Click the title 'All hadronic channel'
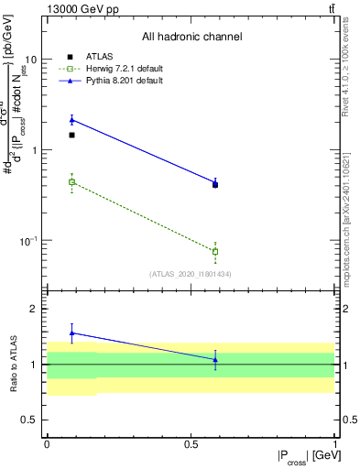[191, 38]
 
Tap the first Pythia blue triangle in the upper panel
[72, 120]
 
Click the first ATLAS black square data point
[72, 135]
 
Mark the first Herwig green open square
[72, 182]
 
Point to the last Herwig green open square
[215, 251]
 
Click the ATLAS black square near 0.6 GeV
[215, 185]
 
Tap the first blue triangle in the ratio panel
[72, 333]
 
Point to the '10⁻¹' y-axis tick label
[29, 241]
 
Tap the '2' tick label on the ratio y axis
[36, 310]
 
